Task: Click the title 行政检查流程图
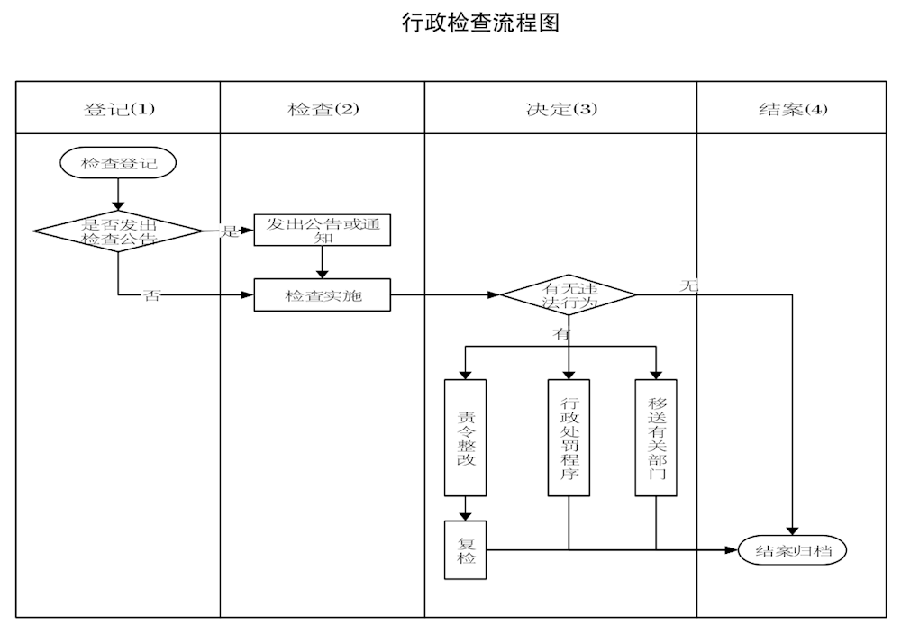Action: [x=480, y=23]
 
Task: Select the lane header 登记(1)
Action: [x=119, y=109]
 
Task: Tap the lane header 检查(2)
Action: [x=323, y=109]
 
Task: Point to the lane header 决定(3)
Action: [x=561, y=109]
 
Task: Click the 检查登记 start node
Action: [x=118, y=163]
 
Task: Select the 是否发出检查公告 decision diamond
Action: [x=118, y=231]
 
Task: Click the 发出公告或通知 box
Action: [x=323, y=230]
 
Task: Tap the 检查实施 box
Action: [x=323, y=295]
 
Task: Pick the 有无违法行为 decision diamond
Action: [x=569, y=295]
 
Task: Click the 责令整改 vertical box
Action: [x=466, y=437]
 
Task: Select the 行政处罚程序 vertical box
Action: [x=569, y=437]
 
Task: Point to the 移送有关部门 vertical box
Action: [x=656, y=437]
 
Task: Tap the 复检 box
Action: [x=466, y=549]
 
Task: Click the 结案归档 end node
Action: [x=793, y=549]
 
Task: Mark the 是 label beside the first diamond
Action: [x=231, y=231]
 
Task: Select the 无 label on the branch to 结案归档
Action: [x=689, y=286]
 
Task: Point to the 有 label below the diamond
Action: [x=561, y=334]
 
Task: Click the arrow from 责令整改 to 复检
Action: [x=466, y=509]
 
